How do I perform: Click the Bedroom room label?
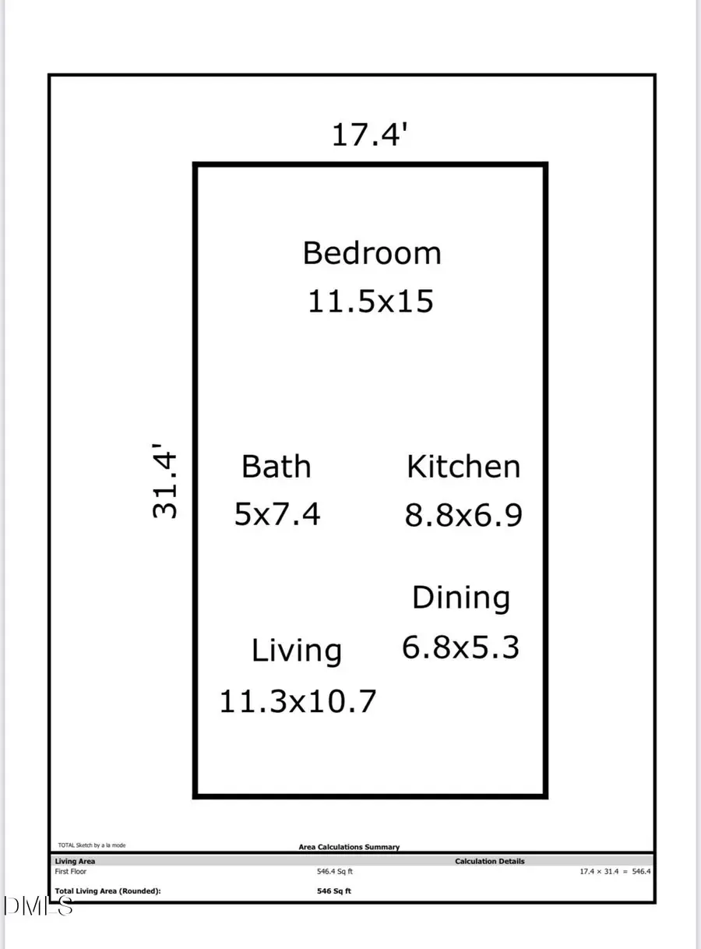tap(372, 254)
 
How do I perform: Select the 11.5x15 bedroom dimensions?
tap(370, 302)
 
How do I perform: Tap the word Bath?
tap(276, 467)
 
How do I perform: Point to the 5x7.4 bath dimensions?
tap(277, 514)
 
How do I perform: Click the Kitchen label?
tap(463, 467)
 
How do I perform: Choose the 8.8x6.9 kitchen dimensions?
tap(463, 515)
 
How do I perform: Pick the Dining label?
tap(461, 598)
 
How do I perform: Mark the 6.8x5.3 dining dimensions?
tap(460, 647)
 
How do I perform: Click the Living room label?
tap(297, 651)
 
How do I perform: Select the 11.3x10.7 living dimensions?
tap(298, 701)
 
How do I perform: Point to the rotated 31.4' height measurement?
tap(166, 486)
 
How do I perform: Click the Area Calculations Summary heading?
tap(349, 847)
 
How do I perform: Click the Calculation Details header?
tap(490, 861)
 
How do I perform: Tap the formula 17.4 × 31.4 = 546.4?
tap(615, 872)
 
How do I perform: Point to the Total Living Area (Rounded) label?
tap(107, 891)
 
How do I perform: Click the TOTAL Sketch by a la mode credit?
tap(92, 845)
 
